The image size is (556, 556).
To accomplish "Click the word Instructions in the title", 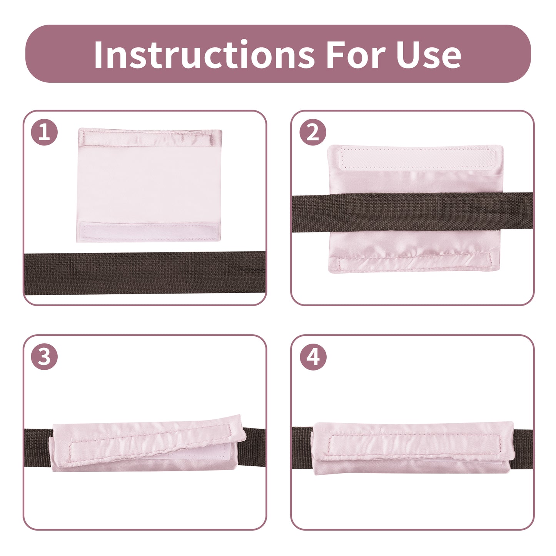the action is click(x=204, y=54).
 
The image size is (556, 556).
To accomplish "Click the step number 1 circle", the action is click(x=44, y=132).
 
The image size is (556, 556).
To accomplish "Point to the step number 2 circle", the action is click(x=313, y=132).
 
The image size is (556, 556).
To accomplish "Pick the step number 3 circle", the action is click(x=44, y=357).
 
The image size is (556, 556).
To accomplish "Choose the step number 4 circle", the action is click(x=313, y=357).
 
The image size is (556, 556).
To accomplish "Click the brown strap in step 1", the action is click(x=145, y=273).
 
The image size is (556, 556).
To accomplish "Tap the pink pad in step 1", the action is click(x=149, y=185).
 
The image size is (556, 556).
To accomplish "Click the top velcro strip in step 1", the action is click(x=148, y=138).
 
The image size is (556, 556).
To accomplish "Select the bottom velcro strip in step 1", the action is click(x=149, y=231).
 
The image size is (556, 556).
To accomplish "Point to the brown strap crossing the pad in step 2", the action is click(x=412, y=212).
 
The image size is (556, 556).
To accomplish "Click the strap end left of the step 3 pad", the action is click(x=38, y=448).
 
